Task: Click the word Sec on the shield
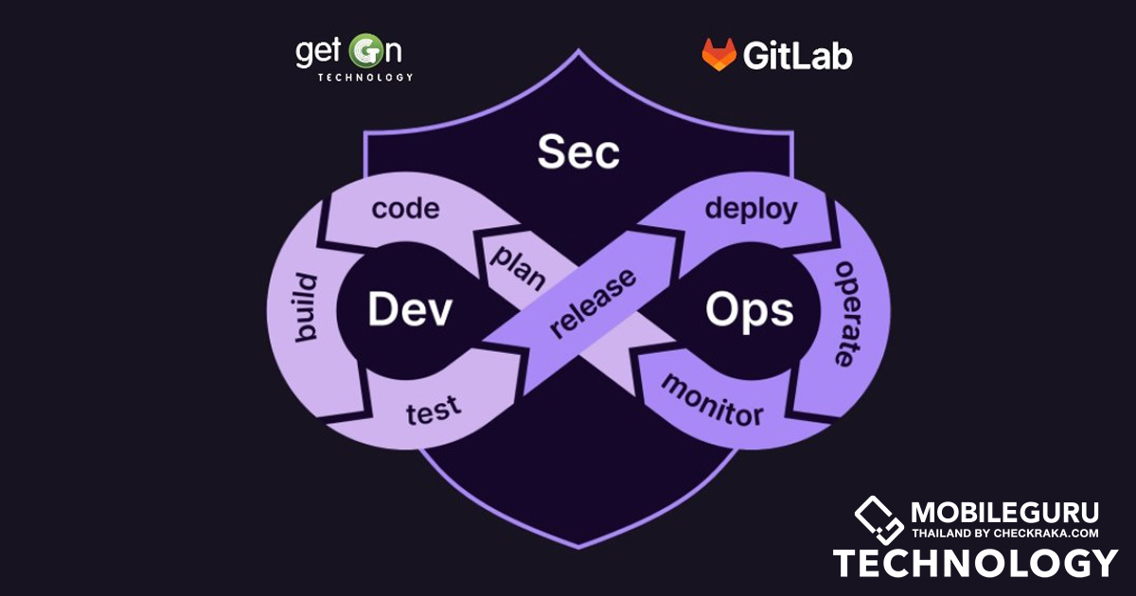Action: point(578,152)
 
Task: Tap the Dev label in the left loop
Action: point(410,309)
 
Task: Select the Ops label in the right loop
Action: point(749,309)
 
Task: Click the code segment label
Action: point(405,209)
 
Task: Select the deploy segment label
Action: point(751,209)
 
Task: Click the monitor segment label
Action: point(711,400)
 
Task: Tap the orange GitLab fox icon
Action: point(719,56)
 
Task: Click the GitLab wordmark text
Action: point(797,56)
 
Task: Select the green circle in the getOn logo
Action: point(363,50)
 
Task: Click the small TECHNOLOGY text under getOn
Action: point(365,78)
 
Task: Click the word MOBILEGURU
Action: point(1004,513)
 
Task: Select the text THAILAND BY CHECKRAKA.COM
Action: point(1004,534)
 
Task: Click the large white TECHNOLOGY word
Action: point(975,564)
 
